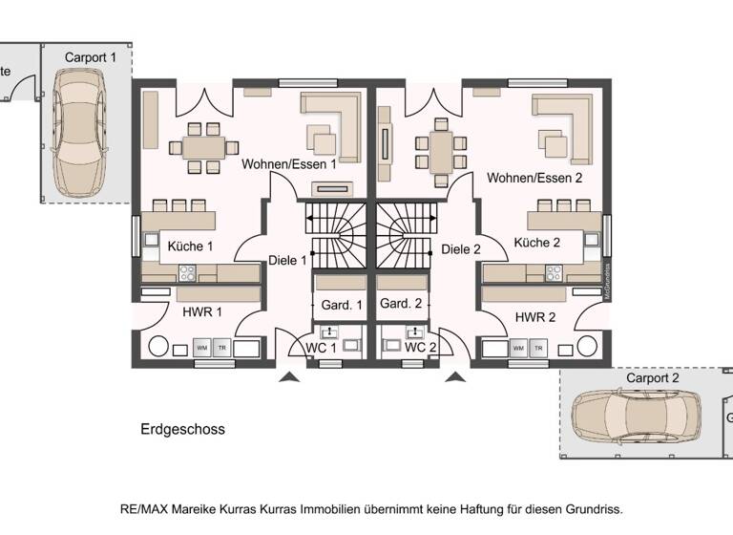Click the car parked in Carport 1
(x=84, y=134)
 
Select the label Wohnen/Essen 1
(x=289, y=164)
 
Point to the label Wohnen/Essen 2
(x=534, y=178)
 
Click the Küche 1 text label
(x=191, y=246)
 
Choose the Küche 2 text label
(x=536, y=243)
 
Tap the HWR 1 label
(x=202, y=311)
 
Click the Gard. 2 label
(x=401, y=304)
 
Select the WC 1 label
(x=320, y=347)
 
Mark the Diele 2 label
(x=461, y=249)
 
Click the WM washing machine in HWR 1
(x=201, y=348)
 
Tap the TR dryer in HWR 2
(x=540, y=349)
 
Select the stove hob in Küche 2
(x=554, y=273)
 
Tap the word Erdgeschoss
(x=182, y=429)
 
